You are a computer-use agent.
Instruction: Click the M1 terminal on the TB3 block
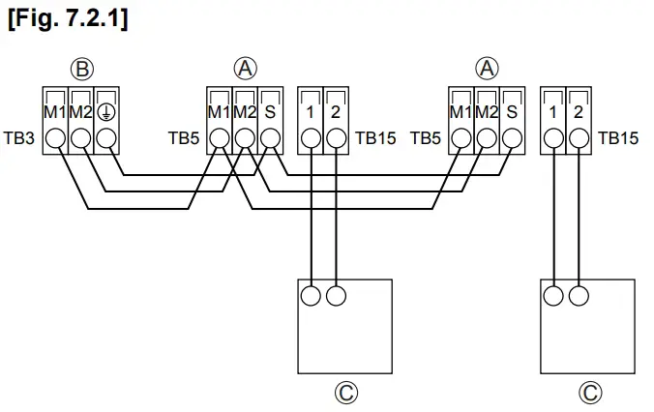tap(56, 138)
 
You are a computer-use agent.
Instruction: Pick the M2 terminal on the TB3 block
tap(81, 138)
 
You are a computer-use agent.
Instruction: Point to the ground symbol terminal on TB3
tap(106, 138)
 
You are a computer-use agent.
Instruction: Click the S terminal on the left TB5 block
tap(271, 138)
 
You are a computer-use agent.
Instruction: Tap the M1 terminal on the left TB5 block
tap(221, 138)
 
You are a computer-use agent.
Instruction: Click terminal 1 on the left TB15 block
tap(311, 138)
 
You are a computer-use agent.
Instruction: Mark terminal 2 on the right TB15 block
tap(578, 138)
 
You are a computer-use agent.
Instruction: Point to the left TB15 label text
tap(375, 138)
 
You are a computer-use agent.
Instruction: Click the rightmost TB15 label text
tap(618, 138)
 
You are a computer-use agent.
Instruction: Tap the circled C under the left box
tap(345, 392)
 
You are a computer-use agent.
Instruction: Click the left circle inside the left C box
tap(312, 295)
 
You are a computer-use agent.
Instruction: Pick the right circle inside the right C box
tap(579, 295)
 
